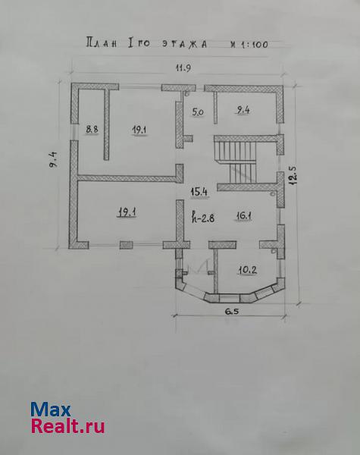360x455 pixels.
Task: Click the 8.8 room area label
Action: click(x=92, y=129)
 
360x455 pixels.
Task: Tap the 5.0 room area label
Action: click(x=198, y=111)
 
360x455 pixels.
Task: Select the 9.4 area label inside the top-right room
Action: click(x=243, y=110)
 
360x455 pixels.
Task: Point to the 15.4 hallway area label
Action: click(x=199, y=192)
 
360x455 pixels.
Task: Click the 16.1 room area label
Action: click(x=244, y=216)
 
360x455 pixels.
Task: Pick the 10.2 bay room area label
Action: click(x=247, y=271)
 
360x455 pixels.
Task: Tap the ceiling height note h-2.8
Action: click(x=203, y=217)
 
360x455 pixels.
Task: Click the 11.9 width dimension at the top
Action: click(x=183, y=68)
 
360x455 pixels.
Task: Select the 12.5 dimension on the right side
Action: click(x=293, y=175)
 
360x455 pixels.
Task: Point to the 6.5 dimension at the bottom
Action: click(x=231, y=312)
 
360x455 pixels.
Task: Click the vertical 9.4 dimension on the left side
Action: click(x=55, y=159)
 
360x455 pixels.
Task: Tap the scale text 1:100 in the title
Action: click(x=254, y=45)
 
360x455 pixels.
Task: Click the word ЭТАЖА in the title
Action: click(x=184, y=44)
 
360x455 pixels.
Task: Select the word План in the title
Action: click(x=102, y=42)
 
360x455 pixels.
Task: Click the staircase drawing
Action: click(x=236, y=162)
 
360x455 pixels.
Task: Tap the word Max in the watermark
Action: click(x=51, y=409)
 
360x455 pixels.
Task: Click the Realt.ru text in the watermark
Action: click(x=68, y=426)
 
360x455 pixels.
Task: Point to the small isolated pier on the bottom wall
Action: click(x=126, y=245)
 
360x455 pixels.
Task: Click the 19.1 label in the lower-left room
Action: click(x=127, y=212)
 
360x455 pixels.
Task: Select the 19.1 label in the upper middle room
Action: click(x=139, y=130)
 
